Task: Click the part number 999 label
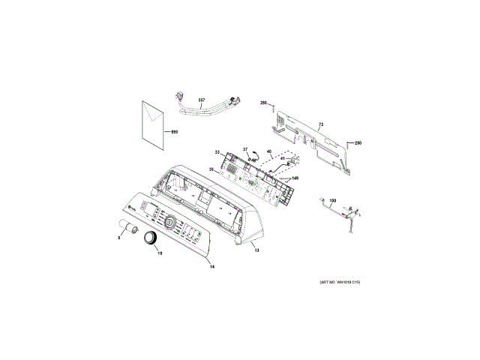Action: pos(175,132)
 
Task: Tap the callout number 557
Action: pos(202,100)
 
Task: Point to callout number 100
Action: pos(333,201)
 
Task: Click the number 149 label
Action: pos(295,178)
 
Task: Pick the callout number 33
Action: pos(217,152)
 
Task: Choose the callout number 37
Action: pos(244,149)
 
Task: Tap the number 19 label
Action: pos(159,253)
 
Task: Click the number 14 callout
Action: pos(211,267)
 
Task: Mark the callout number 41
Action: pos(283,159)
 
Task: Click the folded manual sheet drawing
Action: pos(154,126)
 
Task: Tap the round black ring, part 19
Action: pos(150,238)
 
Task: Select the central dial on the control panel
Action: pos(170,222)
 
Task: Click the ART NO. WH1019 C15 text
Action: pos(340,282)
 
